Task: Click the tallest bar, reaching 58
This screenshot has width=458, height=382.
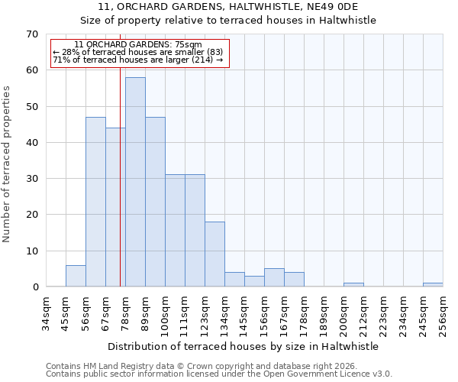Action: click(x=135, y=182)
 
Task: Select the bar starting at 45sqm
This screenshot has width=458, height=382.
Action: click(x=76, y=276)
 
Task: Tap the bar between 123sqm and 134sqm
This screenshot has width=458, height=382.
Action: click(x=214, y=254)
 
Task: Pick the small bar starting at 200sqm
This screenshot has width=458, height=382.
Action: click(x=353, y=285)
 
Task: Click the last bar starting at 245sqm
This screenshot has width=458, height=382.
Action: click(x=433, y=285)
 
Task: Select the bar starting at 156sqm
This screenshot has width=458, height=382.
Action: click(x=274, y=278)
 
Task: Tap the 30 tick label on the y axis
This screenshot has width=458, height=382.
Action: click(x=31, y=179)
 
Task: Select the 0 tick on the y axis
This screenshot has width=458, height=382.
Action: click(x=34, y=287)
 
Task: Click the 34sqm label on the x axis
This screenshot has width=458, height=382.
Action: click(x=47, y=314)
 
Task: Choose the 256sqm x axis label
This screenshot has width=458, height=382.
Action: click(x=443, y=314)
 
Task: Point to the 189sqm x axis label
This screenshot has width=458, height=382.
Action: click(x=324, y=314)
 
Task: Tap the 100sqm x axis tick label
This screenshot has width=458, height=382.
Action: click(x=166, y=314)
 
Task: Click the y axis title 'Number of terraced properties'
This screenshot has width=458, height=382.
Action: click(x=7, y=164)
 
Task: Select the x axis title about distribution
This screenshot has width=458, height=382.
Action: click(x=244, y=346)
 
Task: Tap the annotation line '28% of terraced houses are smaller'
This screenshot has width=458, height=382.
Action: click(x=138, y=52)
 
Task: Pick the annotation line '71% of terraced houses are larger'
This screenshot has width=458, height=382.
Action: click(x=138, y=60)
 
